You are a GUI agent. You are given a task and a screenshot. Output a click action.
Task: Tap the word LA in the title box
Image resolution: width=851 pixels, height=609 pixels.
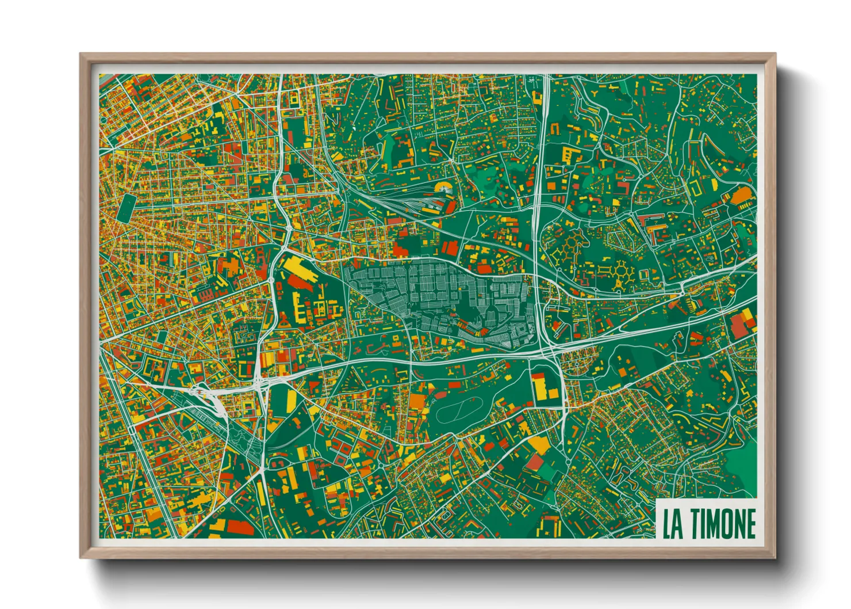tap(673, 524)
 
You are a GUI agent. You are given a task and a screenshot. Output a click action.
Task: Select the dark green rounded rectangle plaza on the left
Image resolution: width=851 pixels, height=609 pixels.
tap(125, 207)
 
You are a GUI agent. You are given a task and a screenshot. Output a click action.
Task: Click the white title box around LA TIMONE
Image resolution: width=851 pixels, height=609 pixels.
tap(708, 520)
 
